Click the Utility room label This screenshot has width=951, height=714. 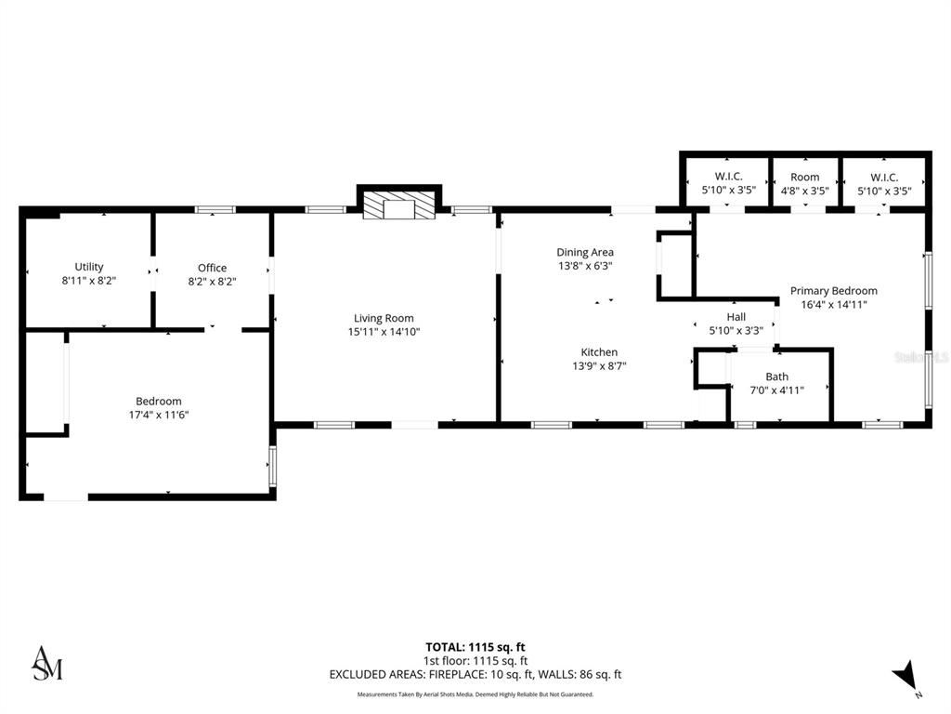(89, 267)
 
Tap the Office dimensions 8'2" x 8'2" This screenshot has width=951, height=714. (212, 281)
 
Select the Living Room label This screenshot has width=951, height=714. (384, 318)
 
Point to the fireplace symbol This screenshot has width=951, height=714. (398, 206)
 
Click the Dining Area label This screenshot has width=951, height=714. (585, 252)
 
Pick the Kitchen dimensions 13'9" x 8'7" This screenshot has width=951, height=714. (599, 365)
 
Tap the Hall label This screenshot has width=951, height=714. (736, 317)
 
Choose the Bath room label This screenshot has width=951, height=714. (776, 377)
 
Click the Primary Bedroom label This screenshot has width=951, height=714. (833, 290)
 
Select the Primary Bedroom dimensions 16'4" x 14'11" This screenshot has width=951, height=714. (833, 304)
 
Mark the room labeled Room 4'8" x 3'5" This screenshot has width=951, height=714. (804, 183)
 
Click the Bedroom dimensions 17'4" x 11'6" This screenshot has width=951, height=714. (159, 415)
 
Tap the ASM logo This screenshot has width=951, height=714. (47, 662)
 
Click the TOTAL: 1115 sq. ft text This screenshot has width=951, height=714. (475, 647)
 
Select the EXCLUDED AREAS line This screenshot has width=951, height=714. (475, 675)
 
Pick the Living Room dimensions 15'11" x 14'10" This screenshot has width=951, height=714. (384, 331)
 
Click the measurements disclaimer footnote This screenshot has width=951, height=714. (475, 694)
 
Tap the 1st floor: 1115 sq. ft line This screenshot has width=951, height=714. (475, 661)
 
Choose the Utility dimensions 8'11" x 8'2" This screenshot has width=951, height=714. (89, 280)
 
